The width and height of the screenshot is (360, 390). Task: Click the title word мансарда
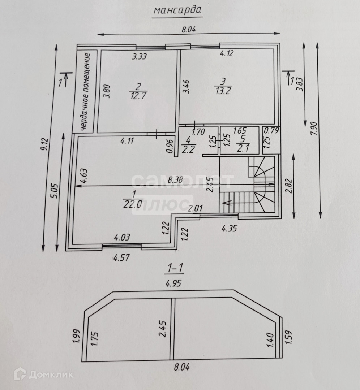177,11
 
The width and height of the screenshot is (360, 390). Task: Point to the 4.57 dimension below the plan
121,258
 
